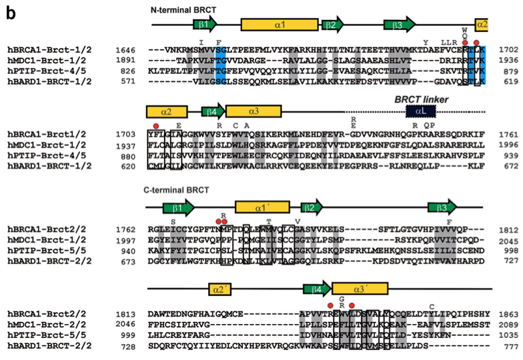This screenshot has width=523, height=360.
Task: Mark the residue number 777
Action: point(507,345)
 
